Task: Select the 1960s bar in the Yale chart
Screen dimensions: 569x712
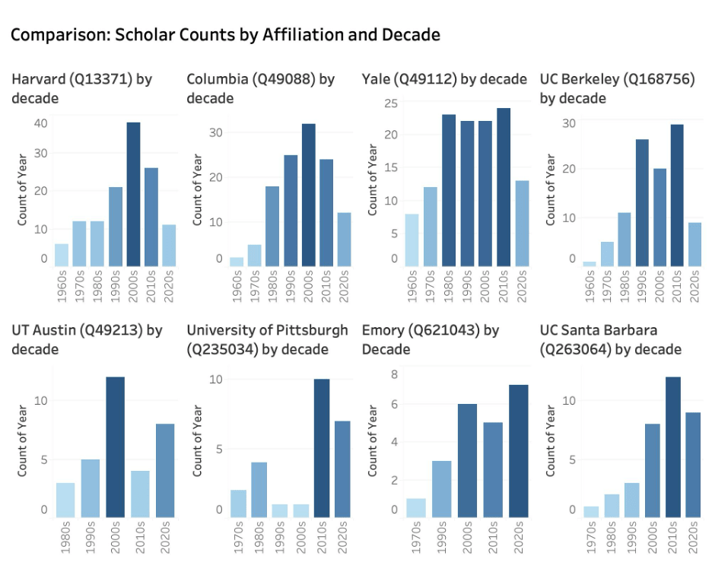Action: tap(412, 240)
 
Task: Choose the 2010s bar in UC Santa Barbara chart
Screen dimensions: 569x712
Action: tap(672, 447)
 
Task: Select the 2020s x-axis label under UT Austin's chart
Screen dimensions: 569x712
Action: tap(165, 536)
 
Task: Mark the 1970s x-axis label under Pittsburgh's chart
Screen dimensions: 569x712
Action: tap(237, 536)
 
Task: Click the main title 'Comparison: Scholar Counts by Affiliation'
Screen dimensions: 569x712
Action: tap(225, 35)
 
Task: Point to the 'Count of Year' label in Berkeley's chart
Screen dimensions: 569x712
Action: tap(550, 190)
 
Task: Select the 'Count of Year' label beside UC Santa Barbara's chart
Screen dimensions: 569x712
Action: tap(550, 441)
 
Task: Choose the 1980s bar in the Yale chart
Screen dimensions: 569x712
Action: tap(449, 190)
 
